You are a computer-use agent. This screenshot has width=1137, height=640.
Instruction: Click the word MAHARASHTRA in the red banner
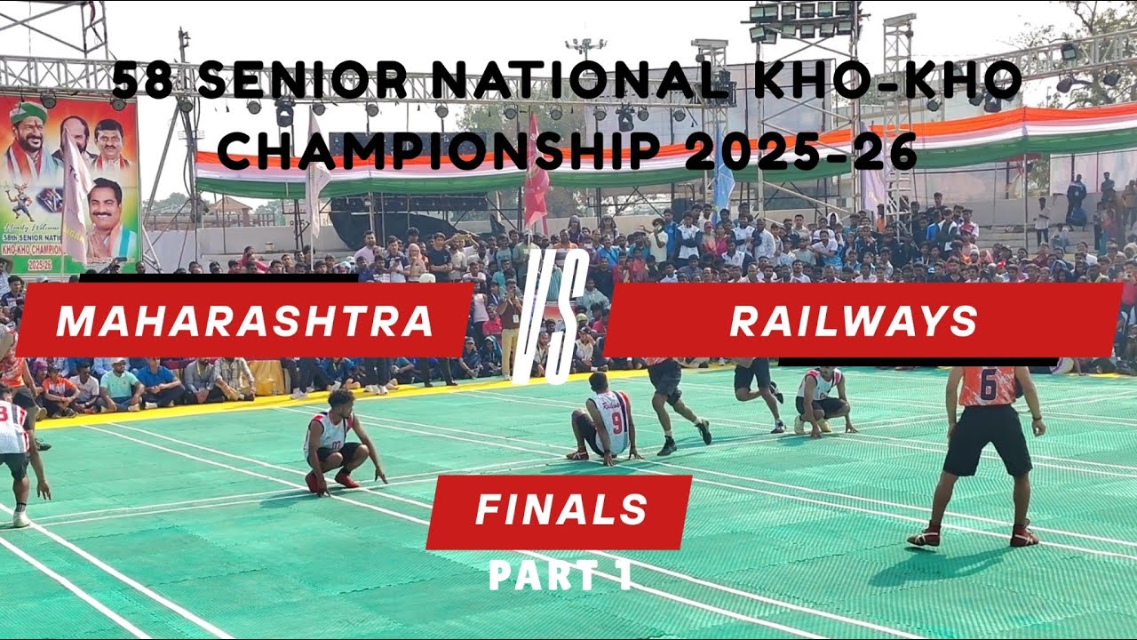(244, 321)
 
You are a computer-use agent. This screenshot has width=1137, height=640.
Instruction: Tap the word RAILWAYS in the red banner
(853, 321)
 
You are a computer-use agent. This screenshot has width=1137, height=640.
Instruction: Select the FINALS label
(561, 510)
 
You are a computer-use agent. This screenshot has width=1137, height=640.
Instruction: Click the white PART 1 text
(561, 576)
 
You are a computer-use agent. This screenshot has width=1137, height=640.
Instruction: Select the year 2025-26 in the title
(800, 151)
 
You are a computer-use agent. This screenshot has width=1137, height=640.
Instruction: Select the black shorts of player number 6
(987, 440)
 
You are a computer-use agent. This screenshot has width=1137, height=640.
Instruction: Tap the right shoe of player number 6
(1023, 536)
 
